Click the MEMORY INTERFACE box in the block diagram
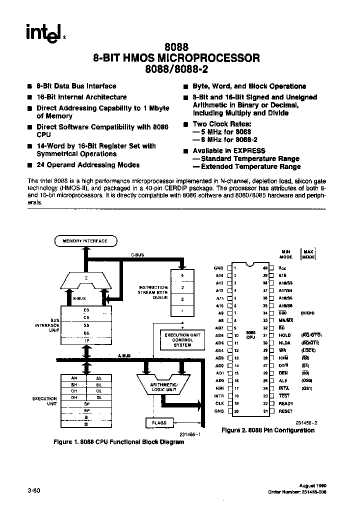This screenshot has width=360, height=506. [85, 241]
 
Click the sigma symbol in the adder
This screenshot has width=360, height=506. [87, 277]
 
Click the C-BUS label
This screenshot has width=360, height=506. [137, 255]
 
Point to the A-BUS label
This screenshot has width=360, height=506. [125, 356]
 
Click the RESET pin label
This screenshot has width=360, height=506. [285, 411]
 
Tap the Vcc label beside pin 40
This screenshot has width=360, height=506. [281, 268]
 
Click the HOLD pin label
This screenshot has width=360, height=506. [284, 334]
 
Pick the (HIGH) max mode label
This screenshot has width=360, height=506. [308, 313]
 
